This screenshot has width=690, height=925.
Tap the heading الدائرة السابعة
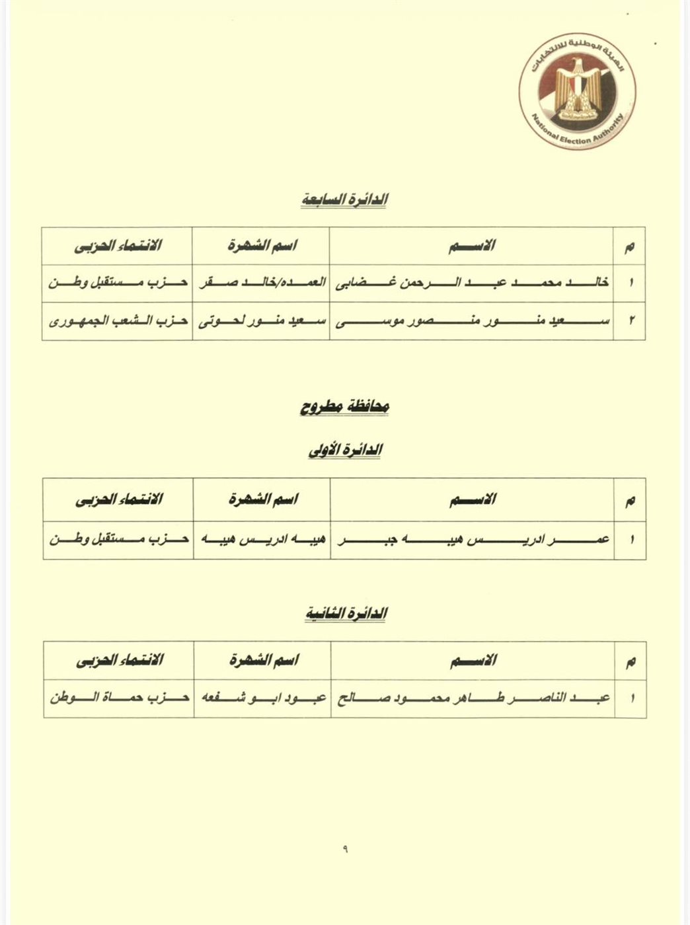pyautogui.click(x=344, y=199)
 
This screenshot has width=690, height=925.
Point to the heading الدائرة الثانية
pyautogui.click(x=346, y=614)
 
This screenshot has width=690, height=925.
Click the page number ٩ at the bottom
pyautogui.click(x=345, y=850)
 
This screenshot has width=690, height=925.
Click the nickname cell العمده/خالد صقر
pyautogui.click(x=261, y=283)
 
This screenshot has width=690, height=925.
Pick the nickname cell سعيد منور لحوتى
pyautogui.click(x=261, y=322)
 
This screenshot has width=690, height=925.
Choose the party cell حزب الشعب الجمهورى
pyautogui.click(x=118, y=322)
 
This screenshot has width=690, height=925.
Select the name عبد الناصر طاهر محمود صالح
pyautogui.click(x=473, y=698)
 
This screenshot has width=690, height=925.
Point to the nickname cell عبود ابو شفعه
pyautogui.click(x=262, y=698)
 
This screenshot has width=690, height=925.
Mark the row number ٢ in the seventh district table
pyautogui.click(x=631, y=322)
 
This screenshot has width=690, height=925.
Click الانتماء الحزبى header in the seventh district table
pyautogui.click(x=118, y=246)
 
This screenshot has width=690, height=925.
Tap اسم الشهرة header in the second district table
pyautogui.click(x=262, y=660)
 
